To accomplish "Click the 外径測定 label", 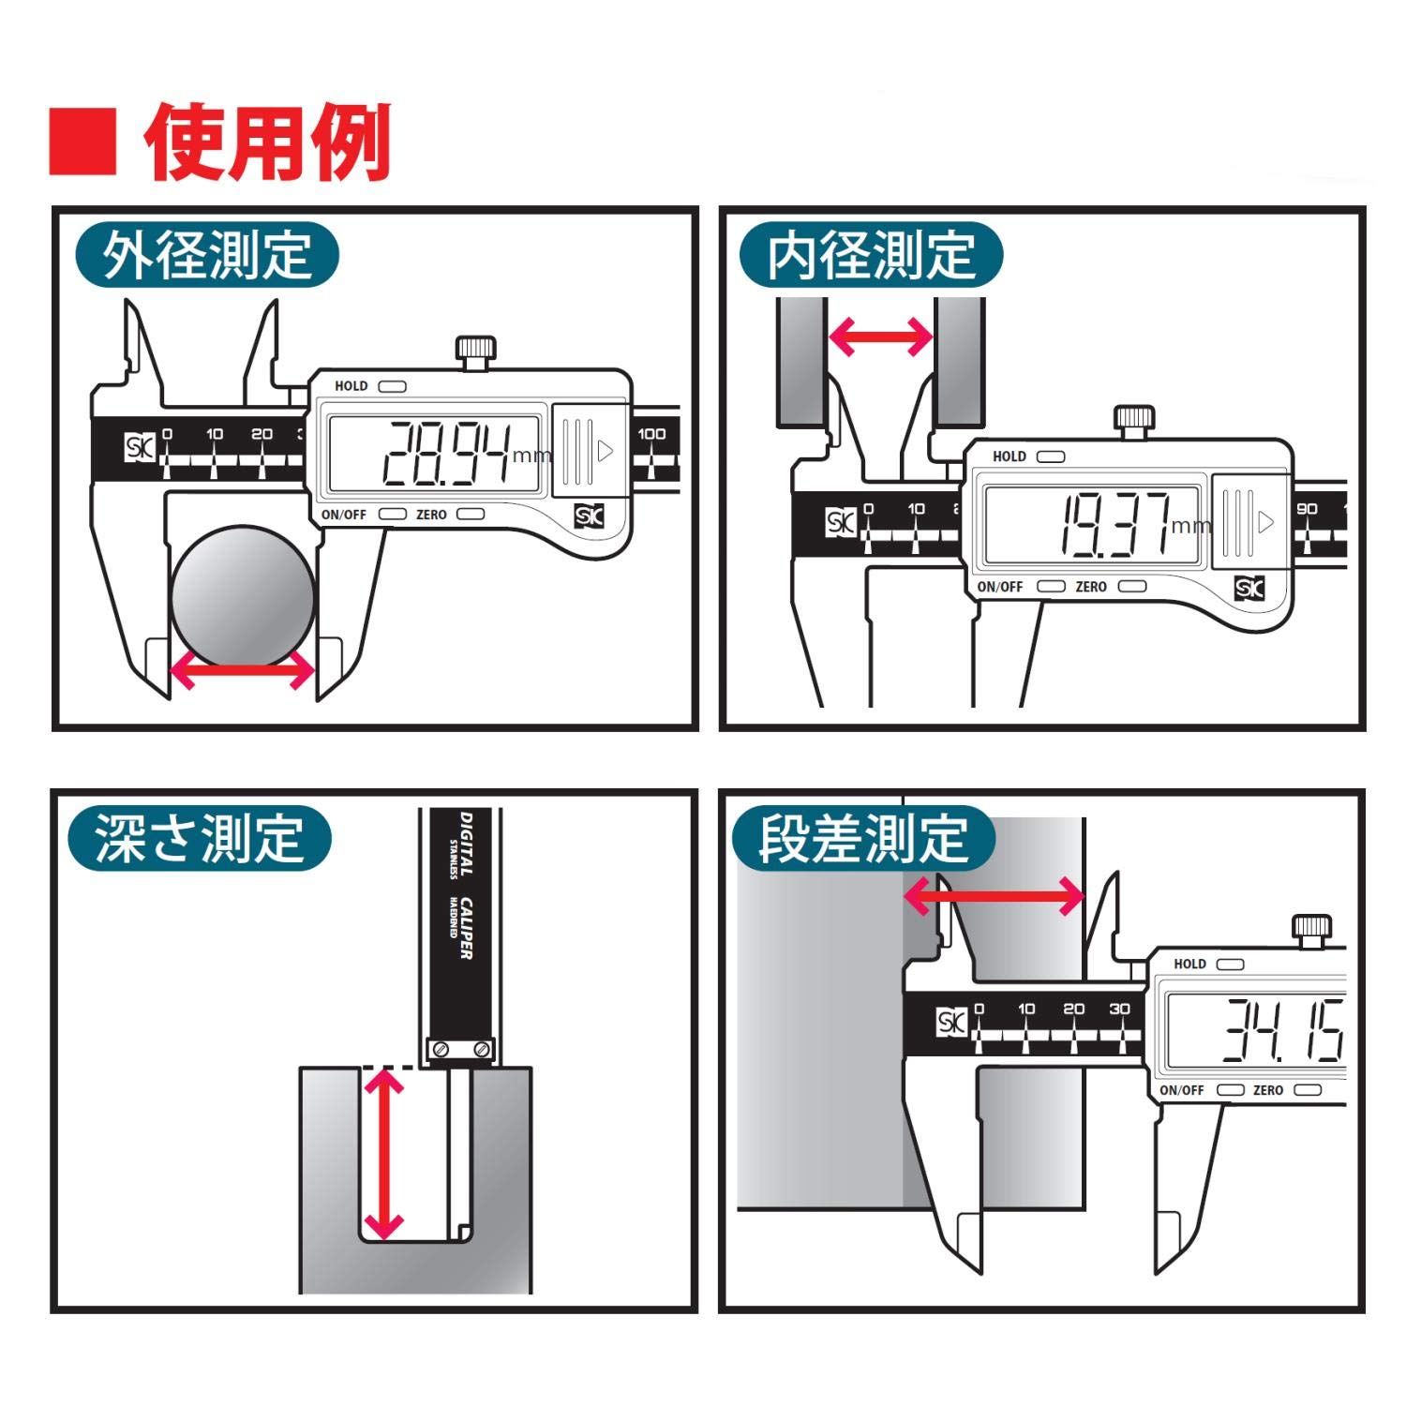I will (x=207, y=255).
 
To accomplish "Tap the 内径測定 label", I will (x=871, y=255).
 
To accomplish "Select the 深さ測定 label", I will (x=200, y=838).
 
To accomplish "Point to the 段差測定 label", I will (x=862, y=838).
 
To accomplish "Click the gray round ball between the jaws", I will (x=243, y=595).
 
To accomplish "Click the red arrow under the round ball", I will (x=243, y=670).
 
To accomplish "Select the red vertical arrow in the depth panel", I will (x=383, y=1154).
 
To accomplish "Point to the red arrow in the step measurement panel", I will (x=994, y=897).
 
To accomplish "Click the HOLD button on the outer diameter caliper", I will (x=392, y=386).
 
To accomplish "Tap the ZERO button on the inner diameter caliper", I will (x=1132, y=587).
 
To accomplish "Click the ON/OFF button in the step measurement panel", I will (x=1230, y=1090).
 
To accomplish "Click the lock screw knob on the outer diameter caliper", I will (x=474, y=353).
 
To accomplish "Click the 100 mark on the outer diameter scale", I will (x=651, y=434).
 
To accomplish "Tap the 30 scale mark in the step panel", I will (x=1119, y=1010).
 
